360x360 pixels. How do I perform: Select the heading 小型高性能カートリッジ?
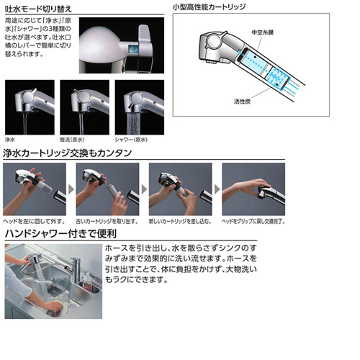point(219,9)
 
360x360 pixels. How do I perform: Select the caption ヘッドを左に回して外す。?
point(33,220)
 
